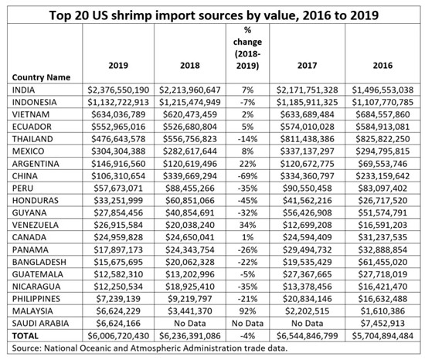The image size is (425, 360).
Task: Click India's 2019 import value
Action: [118, 90]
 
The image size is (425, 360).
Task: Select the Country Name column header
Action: [41, 77]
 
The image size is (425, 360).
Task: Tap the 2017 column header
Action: [307, 66]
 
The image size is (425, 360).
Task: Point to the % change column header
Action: [247, 48]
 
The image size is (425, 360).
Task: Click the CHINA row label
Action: [25, 176]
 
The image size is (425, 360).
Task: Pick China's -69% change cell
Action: [247, 176]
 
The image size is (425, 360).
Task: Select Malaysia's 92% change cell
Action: [247, 311]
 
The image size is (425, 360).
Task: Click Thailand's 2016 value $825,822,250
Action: [382, 139]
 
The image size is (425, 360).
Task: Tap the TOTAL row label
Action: [25, 336]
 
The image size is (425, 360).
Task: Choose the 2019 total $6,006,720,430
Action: [118, 336]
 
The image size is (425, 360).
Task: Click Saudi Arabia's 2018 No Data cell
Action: [190, 324]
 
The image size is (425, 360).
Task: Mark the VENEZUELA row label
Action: [36, 225]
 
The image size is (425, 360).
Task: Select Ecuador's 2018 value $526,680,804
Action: [190, 127]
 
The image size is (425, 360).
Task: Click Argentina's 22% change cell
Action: [247, 164]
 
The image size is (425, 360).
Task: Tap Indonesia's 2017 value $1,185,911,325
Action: [307, 103]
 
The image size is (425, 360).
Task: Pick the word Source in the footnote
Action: [26, 348]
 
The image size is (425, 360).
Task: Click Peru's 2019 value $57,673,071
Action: [118, 188]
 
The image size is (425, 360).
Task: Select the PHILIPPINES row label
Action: [36, 299]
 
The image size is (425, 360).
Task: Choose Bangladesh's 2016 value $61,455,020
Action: [382, 262]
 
